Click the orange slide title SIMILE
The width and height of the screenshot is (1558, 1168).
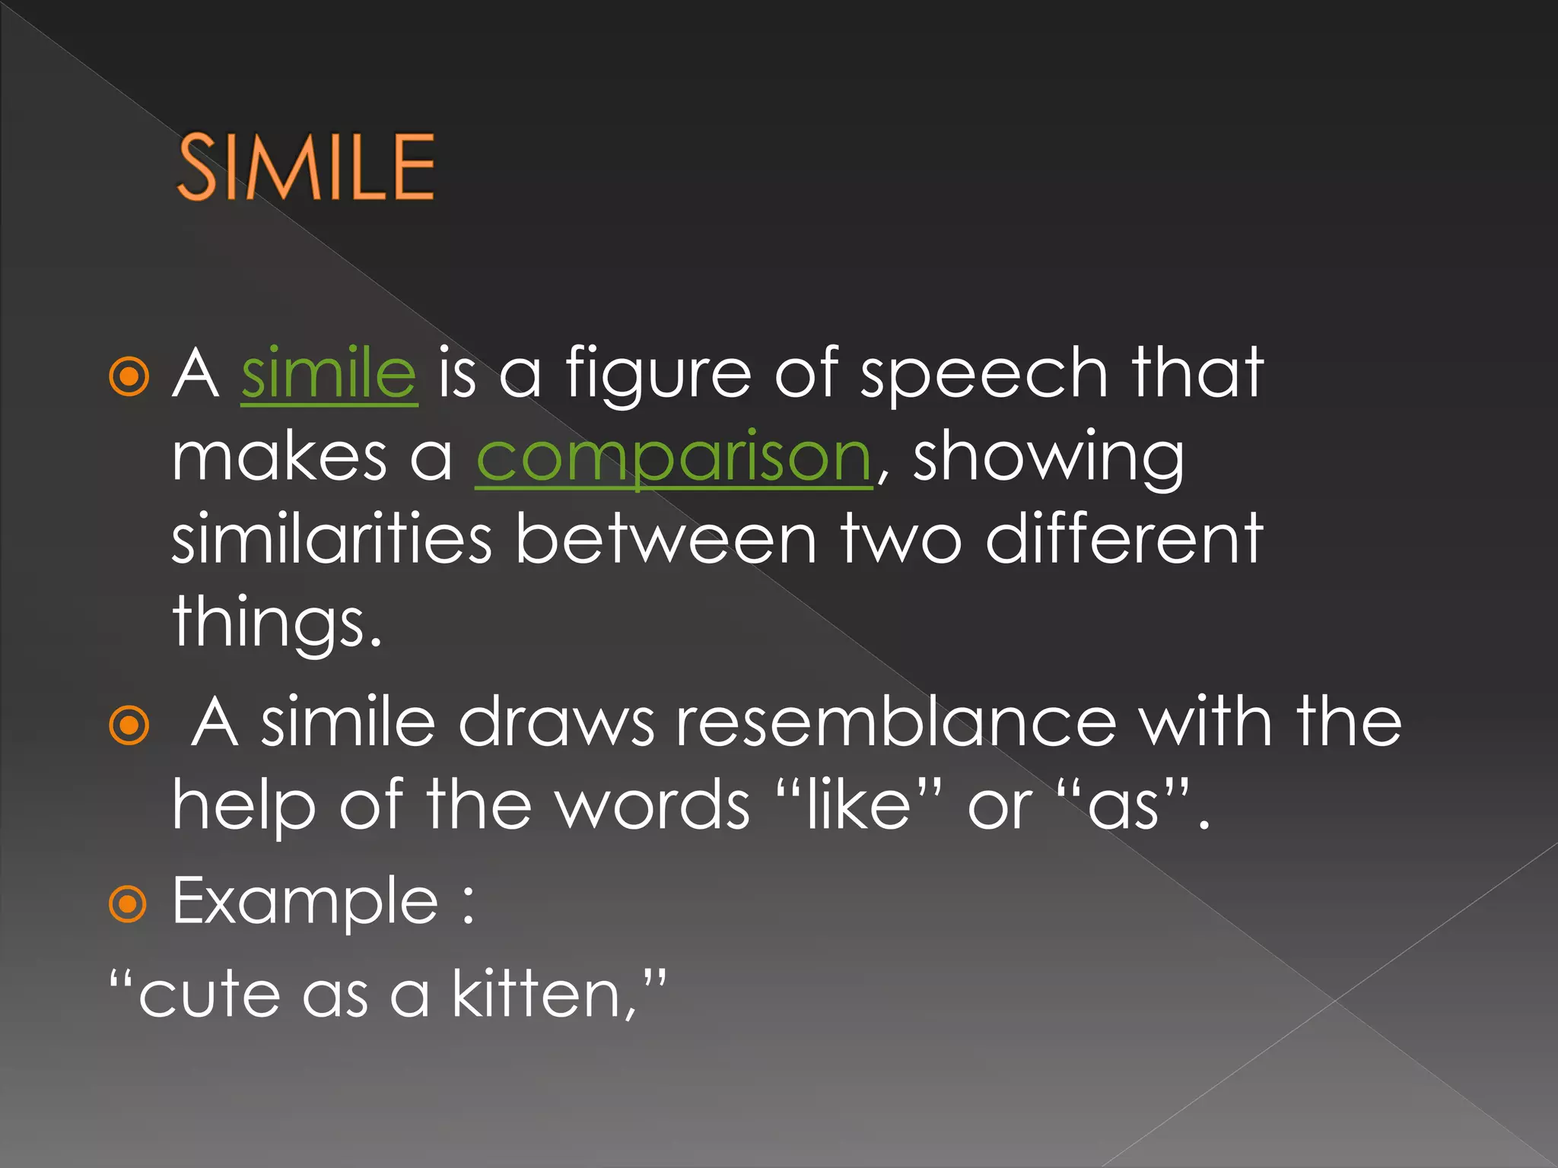[x=306, y=167]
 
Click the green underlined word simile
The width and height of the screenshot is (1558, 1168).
[x=329, y=373]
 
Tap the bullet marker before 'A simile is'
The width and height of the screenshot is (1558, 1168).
[x=129, y=376]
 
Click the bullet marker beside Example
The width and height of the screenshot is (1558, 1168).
[x=129, y=903]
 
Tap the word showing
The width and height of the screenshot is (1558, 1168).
[x=1048, y=458]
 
